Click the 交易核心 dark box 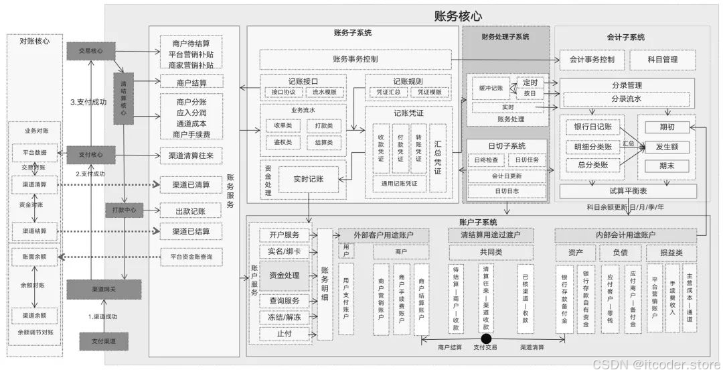coord(90,50)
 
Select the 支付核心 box coord(90,155)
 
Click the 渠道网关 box coord(104,289)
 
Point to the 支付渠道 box coord(104,341)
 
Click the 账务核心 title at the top coord(458,16)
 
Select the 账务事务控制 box coord(355,59)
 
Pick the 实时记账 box coord(309,179)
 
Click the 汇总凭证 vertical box coord(438,158)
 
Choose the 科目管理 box coord(663,59)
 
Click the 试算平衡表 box coord(627,192)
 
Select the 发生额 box coord(666,146)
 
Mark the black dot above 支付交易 coord(486,338)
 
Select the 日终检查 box coord(486,160)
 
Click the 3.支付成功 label coord(88,103)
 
